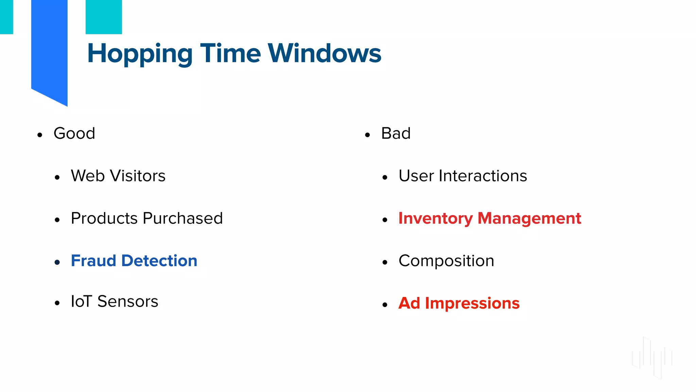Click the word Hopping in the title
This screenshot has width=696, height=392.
point(140,54)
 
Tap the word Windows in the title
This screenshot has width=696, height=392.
point(324,53)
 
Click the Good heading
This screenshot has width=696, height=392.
point(74,133)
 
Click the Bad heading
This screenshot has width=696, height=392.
point(396,133)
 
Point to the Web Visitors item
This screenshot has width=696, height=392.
point(118,176)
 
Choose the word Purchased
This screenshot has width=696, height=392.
point(183,218)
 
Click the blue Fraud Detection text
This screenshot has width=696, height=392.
point(134,261)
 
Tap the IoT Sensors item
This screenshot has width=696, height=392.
point(114,301)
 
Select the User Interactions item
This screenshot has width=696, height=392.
point(463,176)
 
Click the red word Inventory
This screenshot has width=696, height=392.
point(435,218)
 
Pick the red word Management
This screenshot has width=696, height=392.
point(529,218)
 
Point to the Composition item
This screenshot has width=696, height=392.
point(446,261)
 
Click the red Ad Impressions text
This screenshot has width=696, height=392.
point(459,303)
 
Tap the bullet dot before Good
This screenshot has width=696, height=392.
point(40,135)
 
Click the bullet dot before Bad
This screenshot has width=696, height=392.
point(367,135)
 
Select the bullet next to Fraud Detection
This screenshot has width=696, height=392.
point(57,262)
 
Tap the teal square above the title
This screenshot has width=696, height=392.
point(104,17)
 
